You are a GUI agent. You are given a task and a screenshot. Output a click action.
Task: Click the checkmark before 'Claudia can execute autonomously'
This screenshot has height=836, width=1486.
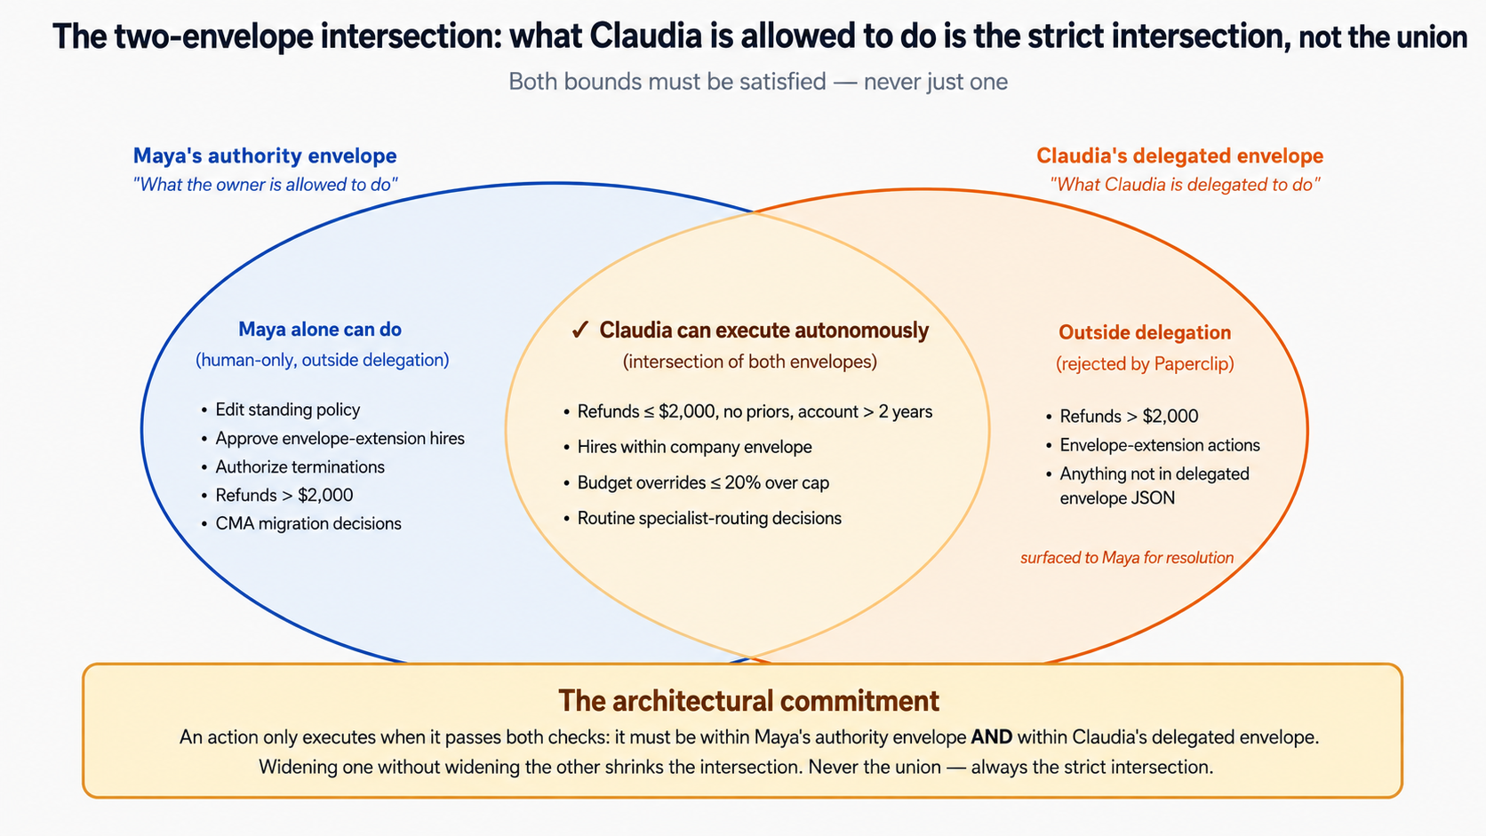coord(579,330)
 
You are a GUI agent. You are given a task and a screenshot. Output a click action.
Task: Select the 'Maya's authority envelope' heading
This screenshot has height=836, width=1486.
coord(265,155)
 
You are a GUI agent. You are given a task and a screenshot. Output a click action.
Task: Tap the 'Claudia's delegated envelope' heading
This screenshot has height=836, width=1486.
coord(1179,155)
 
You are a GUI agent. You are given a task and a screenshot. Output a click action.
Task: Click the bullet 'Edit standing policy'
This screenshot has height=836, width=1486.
coord(288,410)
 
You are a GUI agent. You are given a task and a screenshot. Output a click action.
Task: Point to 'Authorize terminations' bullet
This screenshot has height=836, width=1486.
coord(300,466)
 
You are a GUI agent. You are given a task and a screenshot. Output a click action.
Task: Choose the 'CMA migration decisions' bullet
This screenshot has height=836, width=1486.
coord(308,524)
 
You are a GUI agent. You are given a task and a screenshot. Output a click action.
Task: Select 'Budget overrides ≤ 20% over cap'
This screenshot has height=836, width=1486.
coord(703,482)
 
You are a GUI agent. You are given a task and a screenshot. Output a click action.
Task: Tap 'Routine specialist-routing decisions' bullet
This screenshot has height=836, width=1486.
coord(709,519)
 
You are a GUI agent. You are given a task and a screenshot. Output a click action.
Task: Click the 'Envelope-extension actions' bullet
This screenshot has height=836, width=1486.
coord(1160,445)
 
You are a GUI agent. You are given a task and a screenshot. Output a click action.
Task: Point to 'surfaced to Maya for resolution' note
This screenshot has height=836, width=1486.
coord(1127,558)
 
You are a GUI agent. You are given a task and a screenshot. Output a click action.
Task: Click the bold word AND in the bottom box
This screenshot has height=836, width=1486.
coord(992,737)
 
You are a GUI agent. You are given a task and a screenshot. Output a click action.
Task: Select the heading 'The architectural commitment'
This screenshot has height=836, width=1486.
coord(749,701)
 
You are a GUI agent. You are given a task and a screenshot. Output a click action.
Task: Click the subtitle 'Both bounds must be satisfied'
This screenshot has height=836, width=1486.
coord(667,82)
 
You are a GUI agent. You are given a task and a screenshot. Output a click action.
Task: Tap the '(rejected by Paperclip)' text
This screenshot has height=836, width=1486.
coord(1145,364)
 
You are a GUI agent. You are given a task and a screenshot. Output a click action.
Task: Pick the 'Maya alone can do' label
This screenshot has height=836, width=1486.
coord(320,330)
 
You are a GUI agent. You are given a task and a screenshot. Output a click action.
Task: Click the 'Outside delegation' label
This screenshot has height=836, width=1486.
coord(1145,332)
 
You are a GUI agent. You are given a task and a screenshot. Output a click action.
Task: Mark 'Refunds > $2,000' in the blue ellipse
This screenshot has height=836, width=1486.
coord(284,495)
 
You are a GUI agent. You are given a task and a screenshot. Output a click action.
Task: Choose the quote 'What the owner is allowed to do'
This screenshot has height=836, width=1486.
coord(266,184)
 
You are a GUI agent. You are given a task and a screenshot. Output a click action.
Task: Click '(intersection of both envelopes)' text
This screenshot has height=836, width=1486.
coord(749,362)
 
